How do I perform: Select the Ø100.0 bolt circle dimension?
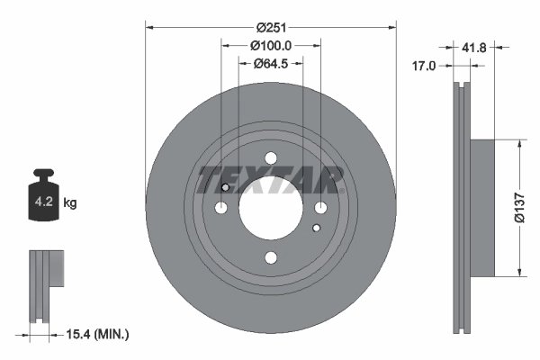[270, 46]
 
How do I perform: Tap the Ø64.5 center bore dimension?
[270, 63]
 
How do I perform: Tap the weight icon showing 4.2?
[43, 201]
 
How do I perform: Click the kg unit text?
[71, 203]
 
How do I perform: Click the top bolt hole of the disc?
[271, 159]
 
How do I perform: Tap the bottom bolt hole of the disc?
[271, 258]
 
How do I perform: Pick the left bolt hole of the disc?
[221, 209]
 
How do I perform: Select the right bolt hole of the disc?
[320, 209]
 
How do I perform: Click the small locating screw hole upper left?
[225, 188]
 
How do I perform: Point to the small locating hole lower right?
[316, 227]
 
